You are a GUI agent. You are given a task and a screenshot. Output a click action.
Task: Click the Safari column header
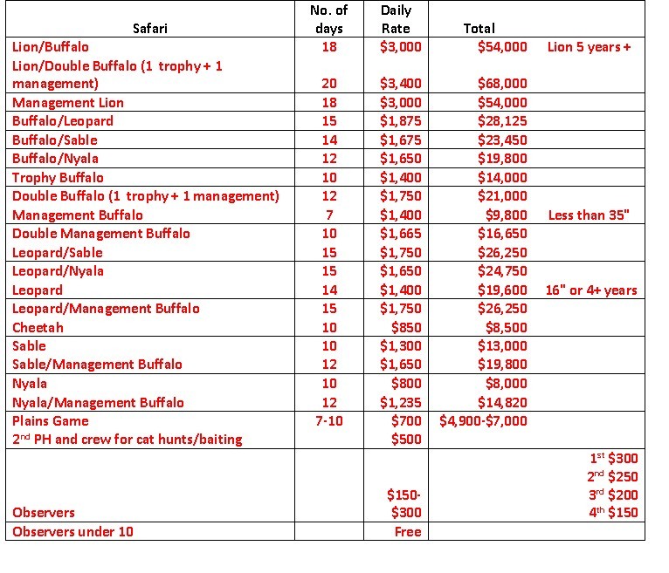point(150,28)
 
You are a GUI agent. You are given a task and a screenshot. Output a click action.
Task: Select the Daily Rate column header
point(397,19)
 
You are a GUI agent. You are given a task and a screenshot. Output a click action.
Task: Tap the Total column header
point(479,28)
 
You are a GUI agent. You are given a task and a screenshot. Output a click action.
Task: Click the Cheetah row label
point(38,327)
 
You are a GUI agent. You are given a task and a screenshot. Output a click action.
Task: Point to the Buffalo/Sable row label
point(55,140)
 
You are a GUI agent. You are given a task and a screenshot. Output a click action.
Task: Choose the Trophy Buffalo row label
point(58,177)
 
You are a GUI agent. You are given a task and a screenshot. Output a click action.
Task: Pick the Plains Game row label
point(49,420)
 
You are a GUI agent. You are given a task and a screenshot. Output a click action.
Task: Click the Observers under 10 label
point(72,531)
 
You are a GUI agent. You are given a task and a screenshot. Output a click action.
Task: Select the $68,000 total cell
point(502,84)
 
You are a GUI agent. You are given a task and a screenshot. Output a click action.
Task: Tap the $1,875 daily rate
point(400,121)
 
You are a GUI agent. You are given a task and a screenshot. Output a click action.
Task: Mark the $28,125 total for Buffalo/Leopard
point(502,121)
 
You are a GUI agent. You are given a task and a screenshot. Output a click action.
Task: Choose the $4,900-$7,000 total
point(484,420)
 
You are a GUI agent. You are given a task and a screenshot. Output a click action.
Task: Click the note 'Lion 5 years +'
point(589,47)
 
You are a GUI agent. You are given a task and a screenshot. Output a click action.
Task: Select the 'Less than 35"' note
point(589,215)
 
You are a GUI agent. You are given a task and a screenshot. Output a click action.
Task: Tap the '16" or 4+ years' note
point(591,290)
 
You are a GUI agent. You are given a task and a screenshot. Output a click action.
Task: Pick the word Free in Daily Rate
point(407,531)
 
